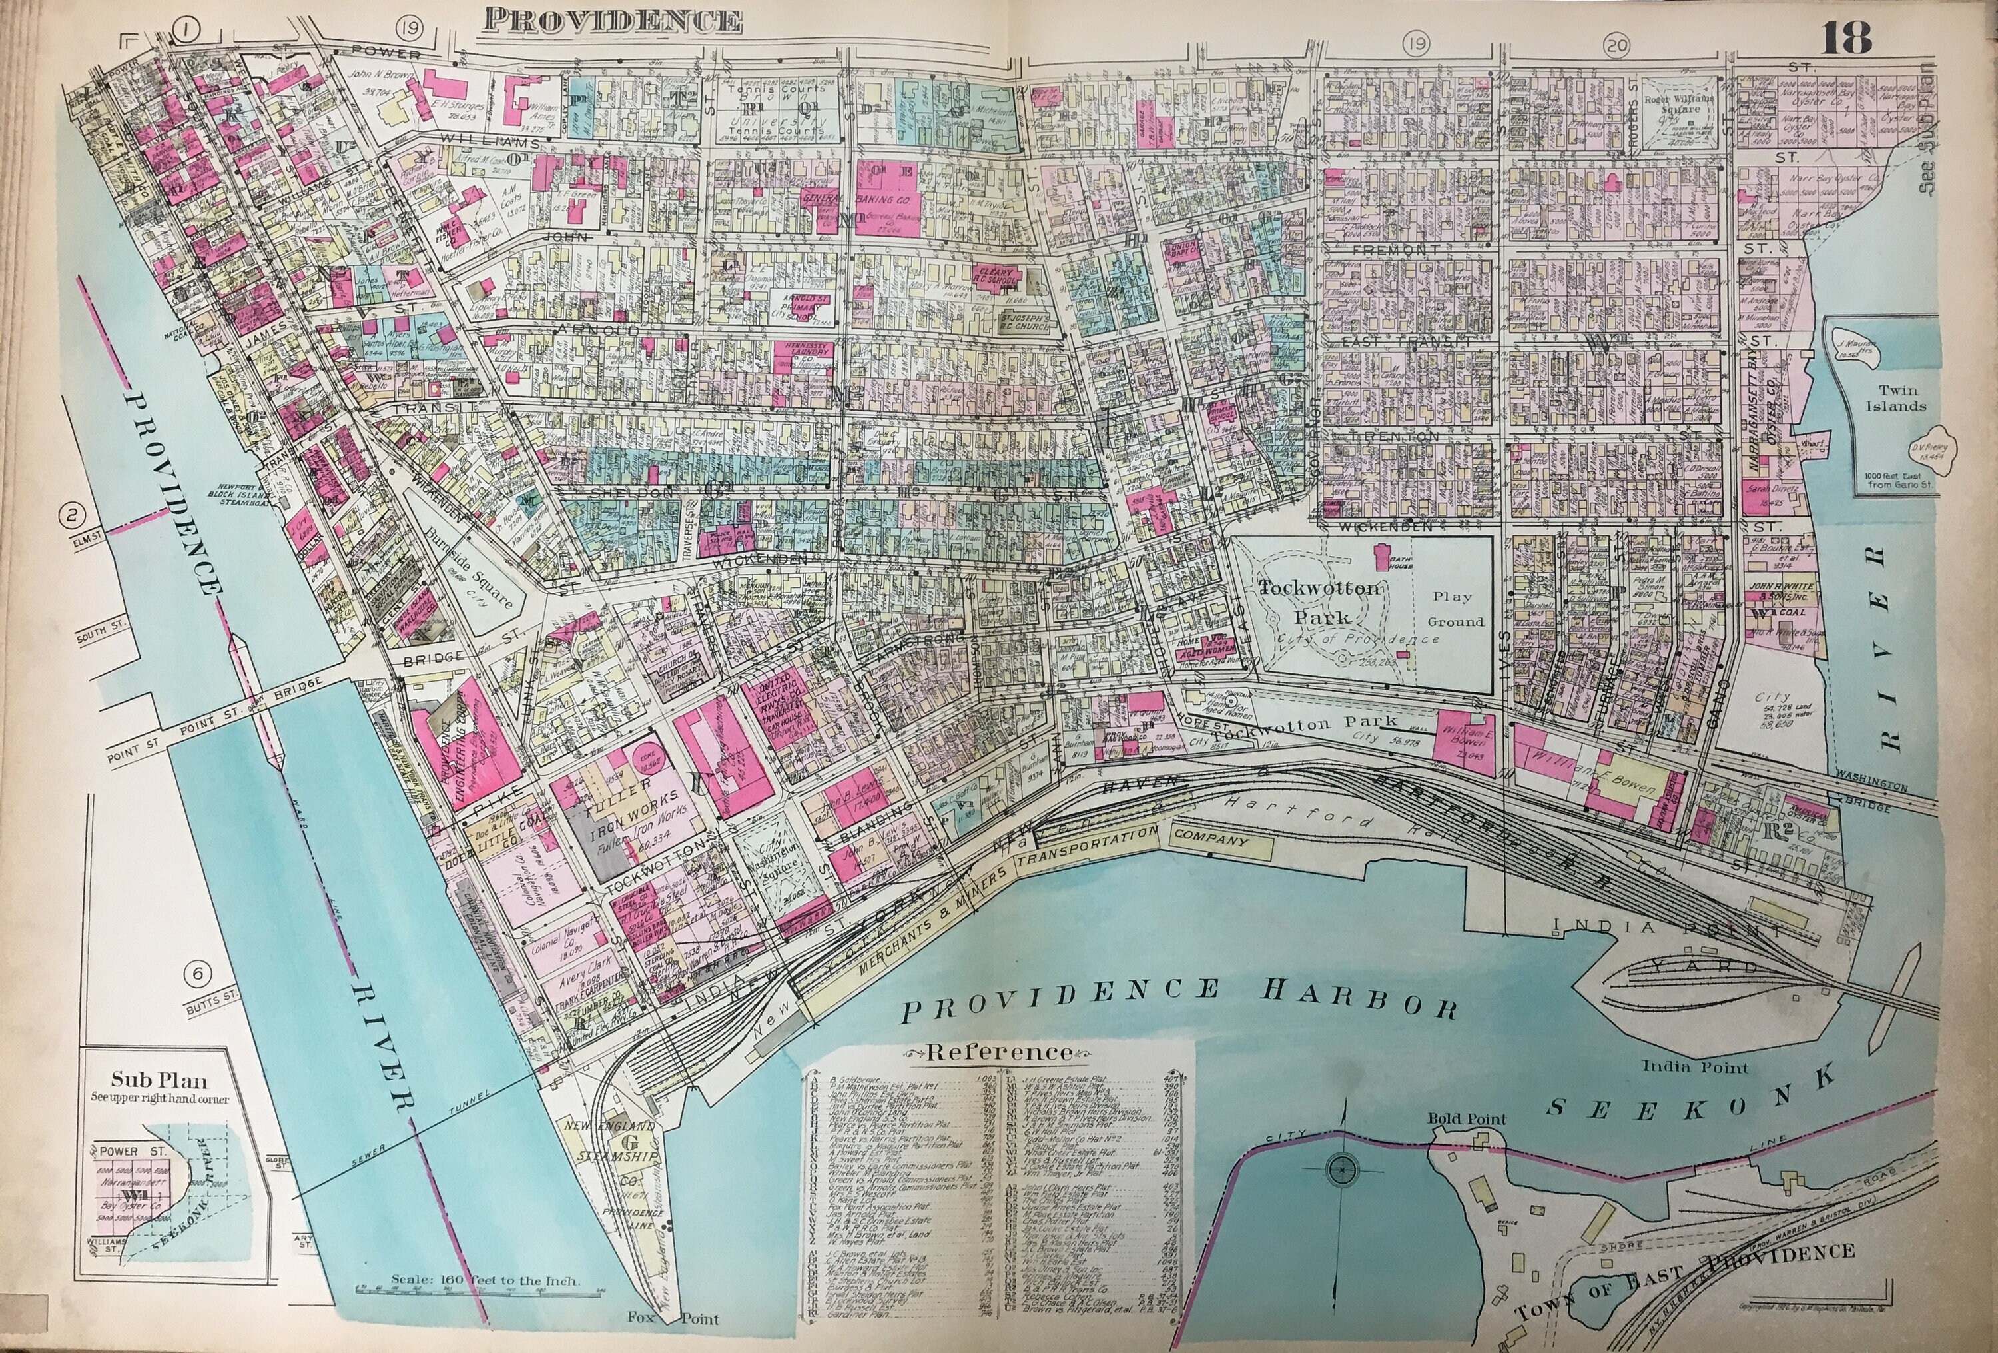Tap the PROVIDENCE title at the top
[x=612, y=21]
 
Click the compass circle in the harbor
[x=1339, y=1169]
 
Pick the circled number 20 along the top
[x=1616, y=44]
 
